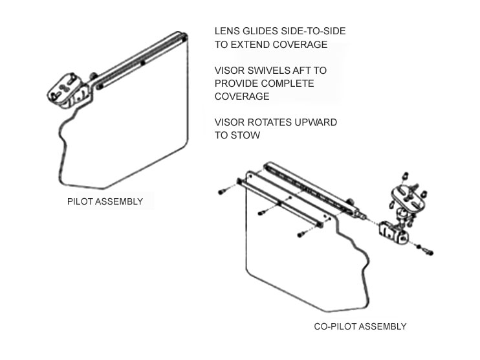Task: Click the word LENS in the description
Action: (x=227, y=31)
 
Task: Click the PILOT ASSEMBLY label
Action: (x=105, y=201)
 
